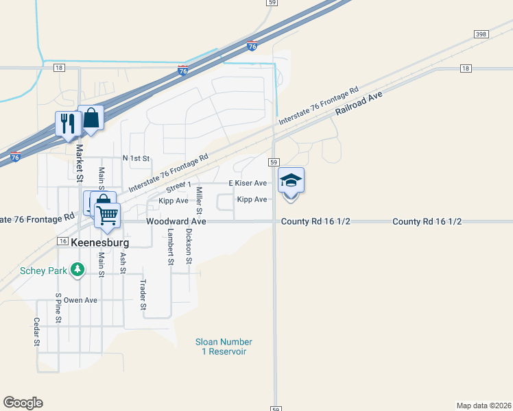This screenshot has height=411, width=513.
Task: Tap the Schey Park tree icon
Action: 78,270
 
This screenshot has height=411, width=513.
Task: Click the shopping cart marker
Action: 107,215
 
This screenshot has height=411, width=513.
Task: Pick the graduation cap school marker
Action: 291,181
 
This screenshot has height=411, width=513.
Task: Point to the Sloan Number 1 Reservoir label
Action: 224,347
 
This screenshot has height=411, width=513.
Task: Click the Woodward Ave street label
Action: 176,222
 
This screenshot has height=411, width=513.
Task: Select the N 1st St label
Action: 136,158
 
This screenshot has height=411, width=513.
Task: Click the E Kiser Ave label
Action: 248,184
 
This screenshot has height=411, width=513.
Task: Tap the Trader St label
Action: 143,295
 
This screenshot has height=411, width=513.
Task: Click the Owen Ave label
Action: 81,300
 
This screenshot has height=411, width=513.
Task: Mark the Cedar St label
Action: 36,332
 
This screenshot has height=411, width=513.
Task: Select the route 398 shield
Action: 480,34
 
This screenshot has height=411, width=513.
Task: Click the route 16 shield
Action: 62,242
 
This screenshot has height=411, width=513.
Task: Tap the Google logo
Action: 23,403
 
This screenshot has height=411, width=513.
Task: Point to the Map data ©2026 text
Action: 483,405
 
